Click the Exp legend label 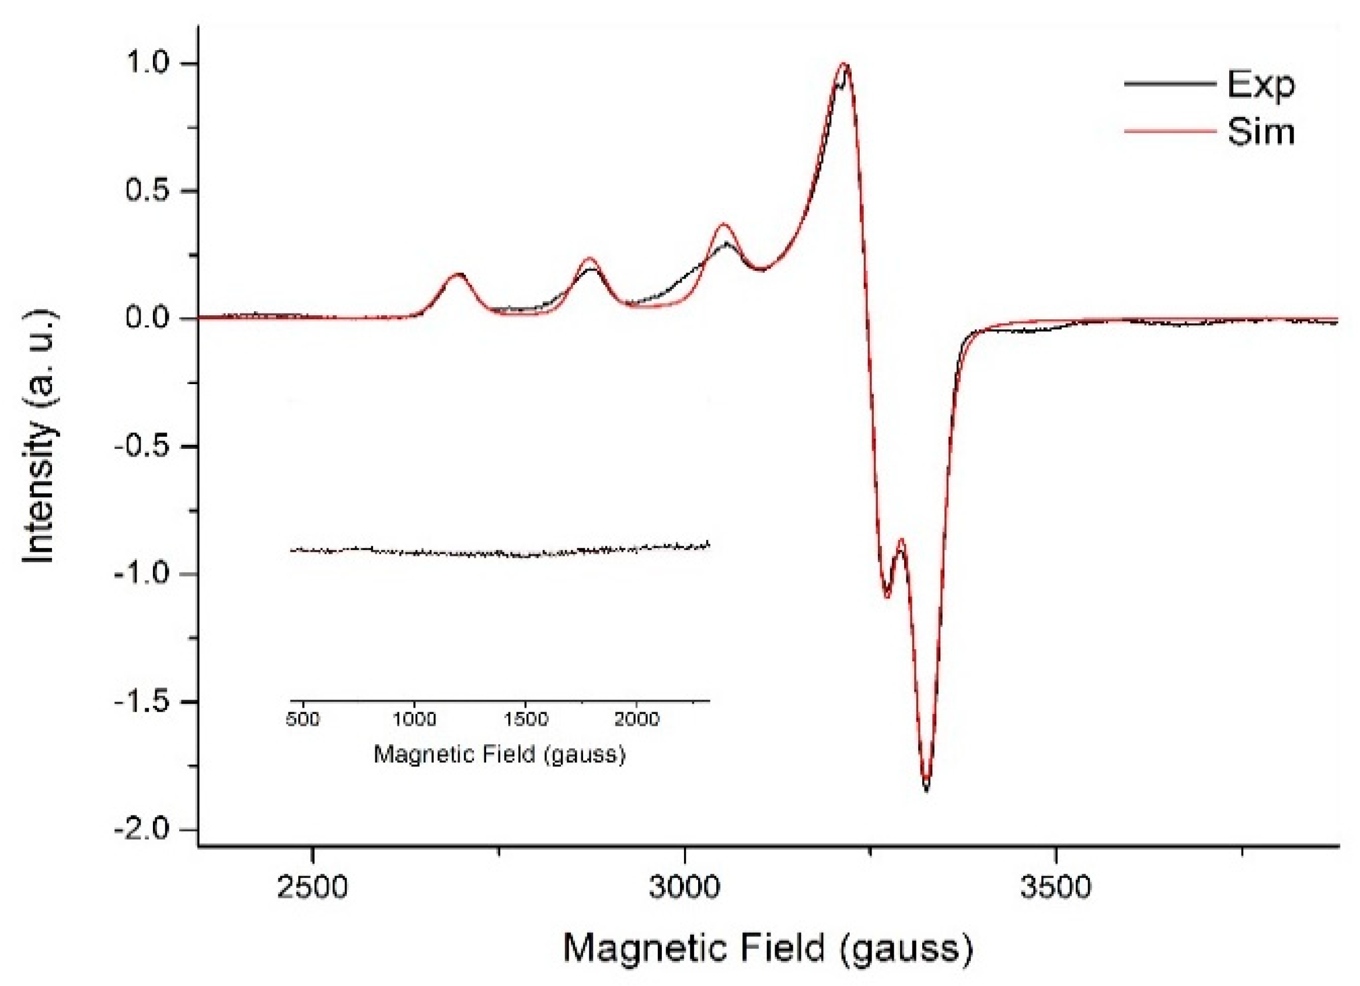click(1260, 85)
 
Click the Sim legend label click(1260, 132)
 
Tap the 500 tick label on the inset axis click(303, 719)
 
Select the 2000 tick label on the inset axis click(636, 719)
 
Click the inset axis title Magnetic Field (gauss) click(499, 754)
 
